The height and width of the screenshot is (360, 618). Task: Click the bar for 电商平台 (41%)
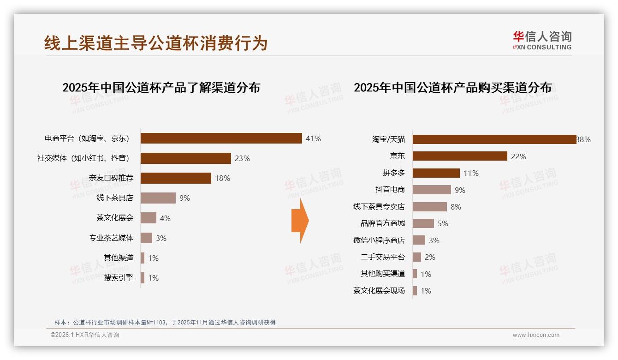click(x=221, y=138)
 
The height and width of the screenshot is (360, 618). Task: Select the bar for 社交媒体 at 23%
click(x=185, y=158)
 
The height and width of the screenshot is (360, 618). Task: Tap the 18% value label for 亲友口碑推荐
click(x=222, y=178)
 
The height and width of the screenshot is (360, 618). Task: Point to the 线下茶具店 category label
click(x=114, y=198)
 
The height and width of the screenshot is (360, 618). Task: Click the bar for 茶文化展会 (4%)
click(x=149, y=218)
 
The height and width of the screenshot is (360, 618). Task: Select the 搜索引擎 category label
click(x=118, y=278)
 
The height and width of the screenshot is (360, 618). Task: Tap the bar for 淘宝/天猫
click(x=494, y=139)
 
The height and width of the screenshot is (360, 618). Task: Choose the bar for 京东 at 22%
click(x=460, y=156)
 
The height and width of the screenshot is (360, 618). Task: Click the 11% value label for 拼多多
click(x=471, y=173)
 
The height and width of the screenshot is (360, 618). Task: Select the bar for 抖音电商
click(x=432, y=190)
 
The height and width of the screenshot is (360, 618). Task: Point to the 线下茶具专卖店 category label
click(x=379, y=207)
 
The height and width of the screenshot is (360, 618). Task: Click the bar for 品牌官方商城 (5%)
click(x=423, y=223)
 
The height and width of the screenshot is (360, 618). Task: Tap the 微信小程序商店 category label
click(x=379, y=240)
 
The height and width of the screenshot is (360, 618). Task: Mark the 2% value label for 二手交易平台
click(x=430, y=257)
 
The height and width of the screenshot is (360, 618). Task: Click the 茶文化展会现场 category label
click(x=379, y=291)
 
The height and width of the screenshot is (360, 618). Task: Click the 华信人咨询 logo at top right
click(x=542, y=40)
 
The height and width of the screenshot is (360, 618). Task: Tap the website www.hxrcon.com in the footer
click(x=536, y=335)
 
